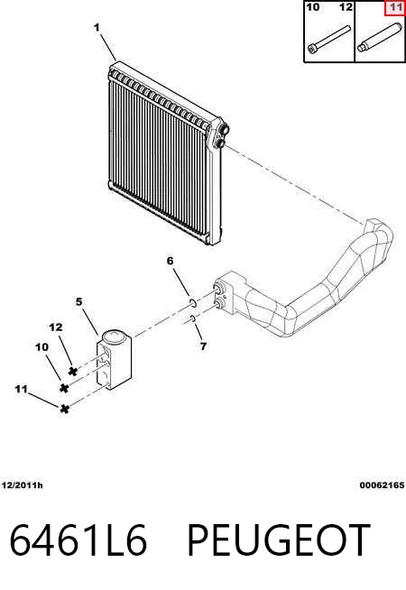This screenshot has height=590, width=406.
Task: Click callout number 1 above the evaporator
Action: coord(97,27)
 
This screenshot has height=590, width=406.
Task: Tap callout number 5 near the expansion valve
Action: coord(78,302)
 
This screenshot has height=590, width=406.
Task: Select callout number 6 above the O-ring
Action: coord(171,261)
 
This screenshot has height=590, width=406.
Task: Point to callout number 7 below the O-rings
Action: coord(203,346)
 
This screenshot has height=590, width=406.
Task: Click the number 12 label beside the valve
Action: coord(56,327)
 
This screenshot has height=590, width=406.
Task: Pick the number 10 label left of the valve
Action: coord(42,347)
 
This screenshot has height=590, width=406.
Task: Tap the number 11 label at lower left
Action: coord(21,389)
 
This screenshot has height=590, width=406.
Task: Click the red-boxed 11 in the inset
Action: coord(394,8)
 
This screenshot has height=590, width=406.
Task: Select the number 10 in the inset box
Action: coord(313,7)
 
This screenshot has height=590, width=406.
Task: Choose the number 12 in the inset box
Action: coord(346,7)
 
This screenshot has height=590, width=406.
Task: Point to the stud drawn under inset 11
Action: coord(379,38)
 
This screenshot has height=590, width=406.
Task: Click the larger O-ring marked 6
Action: coord(192,302)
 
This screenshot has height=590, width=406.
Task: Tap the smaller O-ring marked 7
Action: coord(192,319)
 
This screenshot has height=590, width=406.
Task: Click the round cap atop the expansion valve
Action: coord(115,336)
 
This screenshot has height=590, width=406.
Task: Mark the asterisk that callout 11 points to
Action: coord(65,409)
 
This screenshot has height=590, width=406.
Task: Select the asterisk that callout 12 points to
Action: coord(73,372)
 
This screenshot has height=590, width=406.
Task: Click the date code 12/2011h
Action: coord(23,485)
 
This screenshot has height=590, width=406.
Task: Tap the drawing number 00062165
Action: coord(382,485)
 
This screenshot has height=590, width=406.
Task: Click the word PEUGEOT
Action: coord(279,540)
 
